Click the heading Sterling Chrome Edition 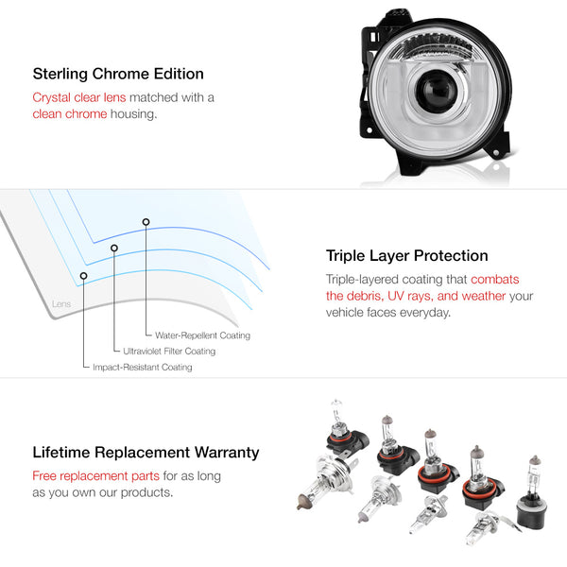[x=118, y=74]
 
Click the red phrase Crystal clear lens [x=79, y=97]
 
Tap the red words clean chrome [x=70, y=114]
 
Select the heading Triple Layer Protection [x=406, y=256]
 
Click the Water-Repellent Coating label [x=202, y=335]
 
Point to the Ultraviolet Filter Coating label [x=169, y=352]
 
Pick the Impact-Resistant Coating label [x=142, y=367]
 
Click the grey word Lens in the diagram [x=61, y=303]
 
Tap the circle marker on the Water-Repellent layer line [x=146, y=222]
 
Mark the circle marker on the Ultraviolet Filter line [x=114, y=248]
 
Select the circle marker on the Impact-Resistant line [x=83, y=276]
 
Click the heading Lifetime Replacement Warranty [x=146, y=453]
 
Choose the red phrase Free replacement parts [x=95, y=476]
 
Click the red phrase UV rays [x=409, y=296]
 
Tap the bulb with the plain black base [x=531, y=492]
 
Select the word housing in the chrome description [x=134, y=114]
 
